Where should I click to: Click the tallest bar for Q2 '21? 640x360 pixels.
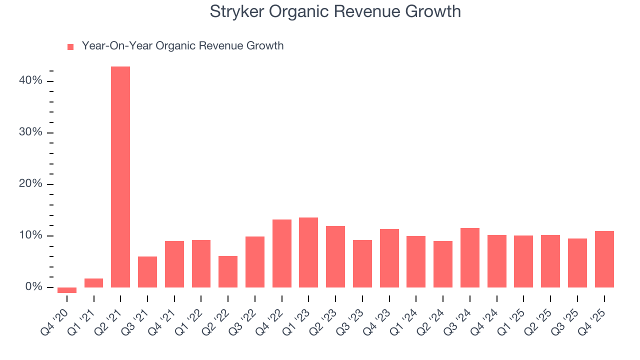click(120, 177)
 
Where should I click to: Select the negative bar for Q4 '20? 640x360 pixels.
click(67, 290)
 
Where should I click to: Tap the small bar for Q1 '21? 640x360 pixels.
click(93, 283)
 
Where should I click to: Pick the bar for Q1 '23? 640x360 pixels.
click(308, 252)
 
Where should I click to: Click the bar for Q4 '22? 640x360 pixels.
click(281, 253)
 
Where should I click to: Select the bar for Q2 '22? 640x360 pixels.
click(228, 271)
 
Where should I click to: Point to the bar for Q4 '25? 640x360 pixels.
click(604, 259)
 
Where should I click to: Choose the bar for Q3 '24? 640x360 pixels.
click(470, 257)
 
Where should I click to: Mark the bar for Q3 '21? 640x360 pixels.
click(147, 272)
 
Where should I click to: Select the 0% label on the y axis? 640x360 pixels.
click(35, 287)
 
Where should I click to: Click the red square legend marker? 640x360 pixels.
click(70, 46)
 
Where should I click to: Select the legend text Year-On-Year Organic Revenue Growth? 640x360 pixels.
click(182, 46)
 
